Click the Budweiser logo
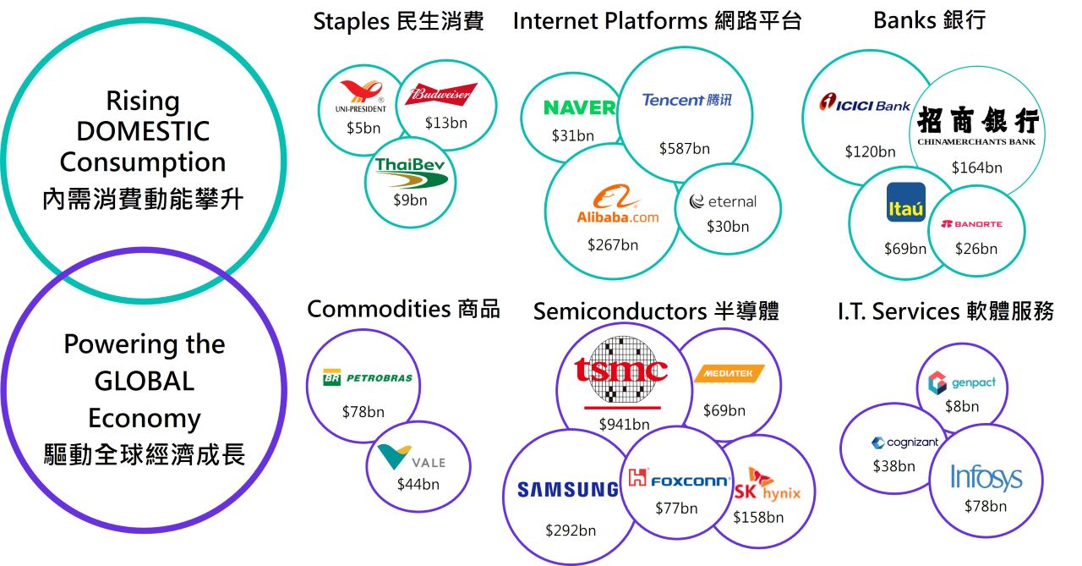pyautogui.click(x=440, y=94)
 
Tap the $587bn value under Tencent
pyautogui.click(x=684, y=149)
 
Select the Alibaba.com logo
pyautogui.click(x=613, y=206)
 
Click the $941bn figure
pyautogui.click(x=624, y=424)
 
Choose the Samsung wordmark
pyautogui.click(x=568, y=489)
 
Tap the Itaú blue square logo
pyautogui.click(x=905, y=203)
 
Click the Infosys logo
pyautogui.click(x=986, y=477)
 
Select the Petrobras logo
pyautogui.click(x=368, y=377)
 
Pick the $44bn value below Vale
pyautogui.click(x=418, y=485)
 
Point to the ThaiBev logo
pyautogui.click(x=410, y=170)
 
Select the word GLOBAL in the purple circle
pyautogui.click(x=144, y=381)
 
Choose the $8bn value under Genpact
pyautogui.click(x=962, y=406)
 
